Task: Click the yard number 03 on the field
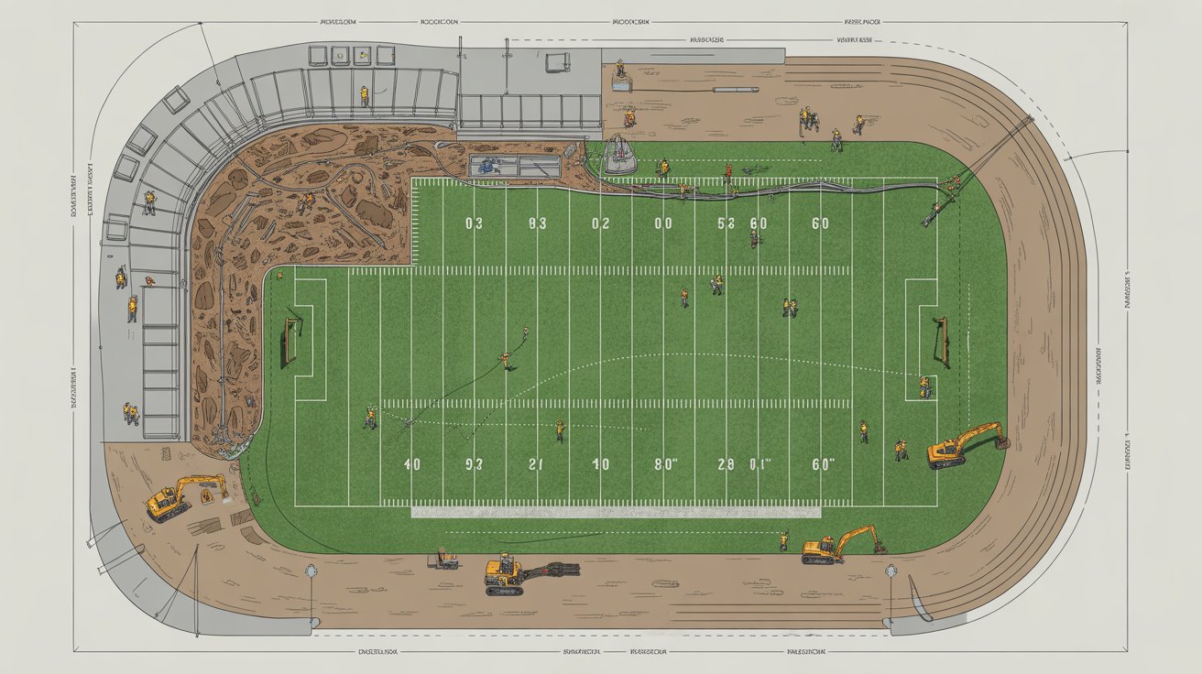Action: click(473, 223)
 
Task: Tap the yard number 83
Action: click(537, 223)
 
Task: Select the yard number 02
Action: click(600, 223)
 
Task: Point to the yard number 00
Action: click(662, 223)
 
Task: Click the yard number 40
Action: click(412, 464)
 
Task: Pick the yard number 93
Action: click(474, 464)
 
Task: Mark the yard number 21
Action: click(536, 464)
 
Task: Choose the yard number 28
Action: click(726, 464)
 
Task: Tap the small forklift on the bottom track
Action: click(446, 559)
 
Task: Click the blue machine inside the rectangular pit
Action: click(485, 166)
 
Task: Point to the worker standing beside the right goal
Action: click(924, 386)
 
